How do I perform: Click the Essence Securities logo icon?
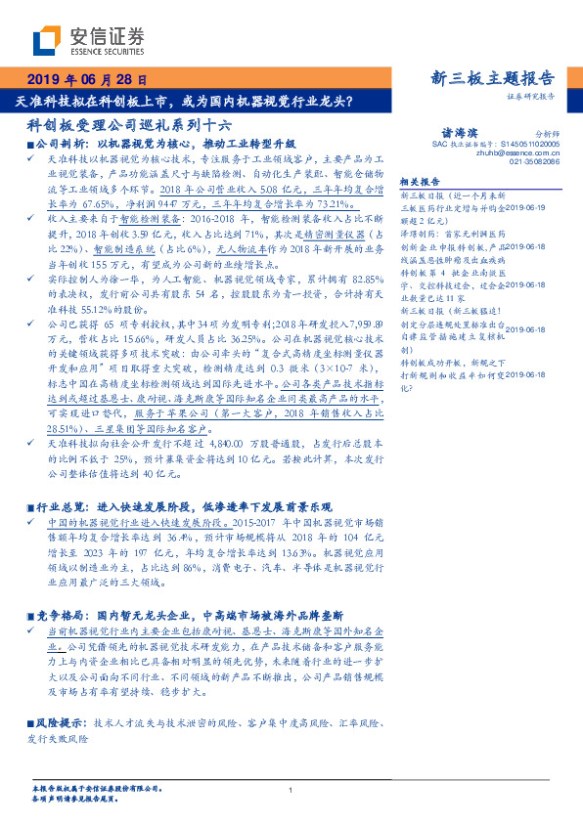click(45, 39)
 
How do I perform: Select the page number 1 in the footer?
click(291, 790)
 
